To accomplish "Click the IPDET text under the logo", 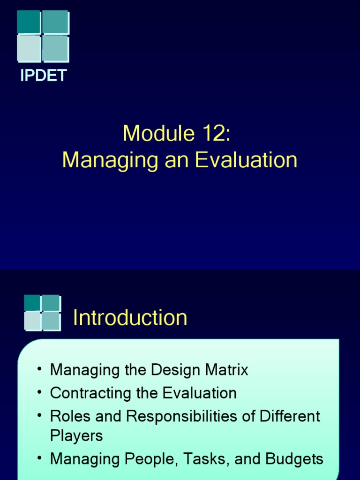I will [x=43, y=75].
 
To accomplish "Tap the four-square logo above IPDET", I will [x=43, y=36].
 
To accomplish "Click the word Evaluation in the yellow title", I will [x=246, y=160].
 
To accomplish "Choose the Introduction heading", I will [x=130, y=318].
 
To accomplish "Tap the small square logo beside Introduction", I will [x=42, y=312].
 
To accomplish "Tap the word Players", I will [x=76, y=435].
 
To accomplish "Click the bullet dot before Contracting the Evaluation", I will [x=40, y=392].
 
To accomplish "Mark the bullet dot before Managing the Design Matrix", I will [x=40, y=369].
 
